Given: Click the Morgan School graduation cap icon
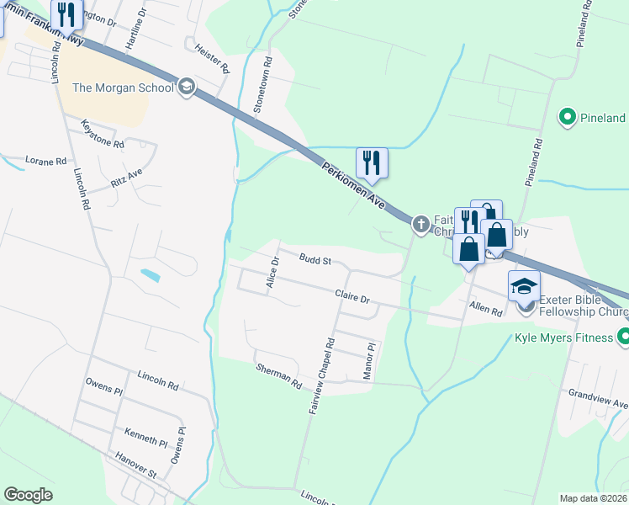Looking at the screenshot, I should point(187,87).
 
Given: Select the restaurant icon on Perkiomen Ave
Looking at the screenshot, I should point(371,161).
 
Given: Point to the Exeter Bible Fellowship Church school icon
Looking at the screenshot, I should point(524,286).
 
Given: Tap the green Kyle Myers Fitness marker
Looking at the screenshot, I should point(623,338).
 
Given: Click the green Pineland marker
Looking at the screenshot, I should point(568,118).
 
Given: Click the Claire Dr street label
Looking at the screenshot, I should point(352,297).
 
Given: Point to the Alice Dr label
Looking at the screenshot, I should point(272,274).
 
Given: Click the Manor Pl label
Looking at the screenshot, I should point(368,360).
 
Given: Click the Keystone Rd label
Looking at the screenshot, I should point(103,135).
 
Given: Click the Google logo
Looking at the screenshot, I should point(28,495).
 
